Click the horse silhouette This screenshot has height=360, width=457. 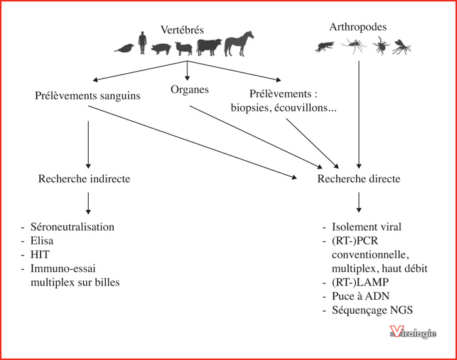[x=239, y=44]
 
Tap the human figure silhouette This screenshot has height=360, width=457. [x=142, y=42]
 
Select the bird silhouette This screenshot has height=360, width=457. [x=125, y=48]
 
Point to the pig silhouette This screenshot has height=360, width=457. [x=161, y=48]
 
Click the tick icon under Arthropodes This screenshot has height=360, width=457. [x=381, y=46]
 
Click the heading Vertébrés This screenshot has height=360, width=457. [x=182, y=30]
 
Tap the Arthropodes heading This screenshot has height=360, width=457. [x=358, y=27]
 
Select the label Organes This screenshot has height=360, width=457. [x=190, y=90]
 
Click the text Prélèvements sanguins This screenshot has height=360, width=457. [x=87, y=95]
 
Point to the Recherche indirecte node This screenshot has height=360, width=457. [x=84, y=178]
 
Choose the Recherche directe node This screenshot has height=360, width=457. [x=359, y=178]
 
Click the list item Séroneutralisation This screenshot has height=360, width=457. [x=72, y=227]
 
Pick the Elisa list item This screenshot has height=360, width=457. [x=42, y=240]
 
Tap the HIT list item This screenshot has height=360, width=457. [x=40, y=254]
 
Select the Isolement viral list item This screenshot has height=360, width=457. [x=367, y=227]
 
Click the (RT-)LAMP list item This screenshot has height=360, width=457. [x=360, y=282]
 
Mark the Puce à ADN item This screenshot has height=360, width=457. [x=360, y=296]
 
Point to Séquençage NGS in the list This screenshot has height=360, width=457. [x=372, y=310]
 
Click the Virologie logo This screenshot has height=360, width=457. [x=413, y=332]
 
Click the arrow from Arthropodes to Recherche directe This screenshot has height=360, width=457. [x=359, y=114]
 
